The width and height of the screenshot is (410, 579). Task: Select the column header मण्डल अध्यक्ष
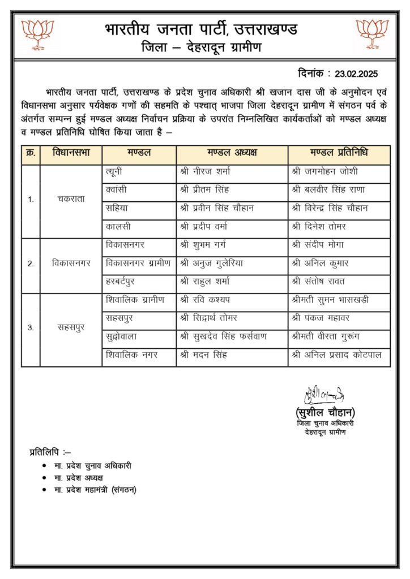232,154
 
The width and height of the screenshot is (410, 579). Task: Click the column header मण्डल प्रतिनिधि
339,154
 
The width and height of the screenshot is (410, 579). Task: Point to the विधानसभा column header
71,154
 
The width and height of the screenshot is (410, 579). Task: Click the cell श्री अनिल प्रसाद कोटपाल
336,356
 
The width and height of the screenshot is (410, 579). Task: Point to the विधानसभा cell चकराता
71,199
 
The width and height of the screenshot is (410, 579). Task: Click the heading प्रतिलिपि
49,452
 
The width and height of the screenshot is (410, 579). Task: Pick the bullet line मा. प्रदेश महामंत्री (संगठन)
96,490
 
